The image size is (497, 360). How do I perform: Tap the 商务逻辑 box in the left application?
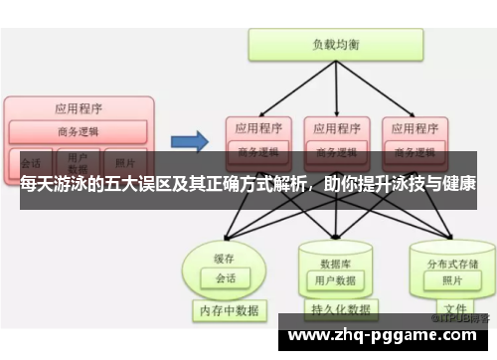pos(78,131)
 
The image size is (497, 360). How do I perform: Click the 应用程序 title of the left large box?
pos(79,107)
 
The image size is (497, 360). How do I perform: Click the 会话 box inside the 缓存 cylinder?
pos(225,278)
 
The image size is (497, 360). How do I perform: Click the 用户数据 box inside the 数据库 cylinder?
pos(336,279)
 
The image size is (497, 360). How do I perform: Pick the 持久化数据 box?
pos(336,309)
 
